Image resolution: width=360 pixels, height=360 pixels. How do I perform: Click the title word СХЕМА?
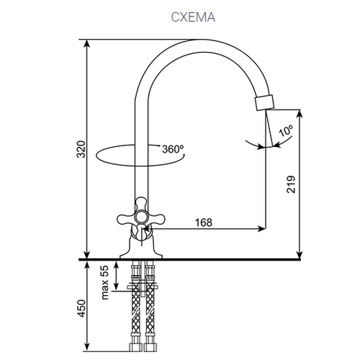193,17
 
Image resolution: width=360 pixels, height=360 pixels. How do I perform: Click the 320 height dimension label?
81,149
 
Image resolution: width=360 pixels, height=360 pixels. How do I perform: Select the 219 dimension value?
291,184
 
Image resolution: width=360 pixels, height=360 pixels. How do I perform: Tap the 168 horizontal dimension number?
204,222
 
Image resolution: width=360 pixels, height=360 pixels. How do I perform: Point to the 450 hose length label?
81,308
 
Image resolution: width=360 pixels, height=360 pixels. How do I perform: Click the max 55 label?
105,282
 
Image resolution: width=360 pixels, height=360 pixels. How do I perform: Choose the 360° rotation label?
173,149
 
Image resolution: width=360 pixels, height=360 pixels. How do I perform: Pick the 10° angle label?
286,130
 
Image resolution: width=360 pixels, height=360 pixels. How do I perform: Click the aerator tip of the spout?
264,103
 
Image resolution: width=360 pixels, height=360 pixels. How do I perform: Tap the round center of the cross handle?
141,217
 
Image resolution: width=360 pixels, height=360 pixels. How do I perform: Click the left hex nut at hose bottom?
135,347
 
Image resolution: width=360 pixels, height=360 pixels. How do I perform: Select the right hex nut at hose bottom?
150,347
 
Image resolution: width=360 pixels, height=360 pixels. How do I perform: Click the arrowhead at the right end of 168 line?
261,229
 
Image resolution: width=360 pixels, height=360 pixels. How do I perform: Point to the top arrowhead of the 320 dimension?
87,44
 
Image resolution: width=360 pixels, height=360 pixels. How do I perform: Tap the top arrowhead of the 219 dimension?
300,114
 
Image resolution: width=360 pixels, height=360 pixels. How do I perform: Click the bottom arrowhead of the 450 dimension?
87,347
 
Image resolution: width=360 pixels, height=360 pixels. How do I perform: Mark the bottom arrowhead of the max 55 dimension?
116,286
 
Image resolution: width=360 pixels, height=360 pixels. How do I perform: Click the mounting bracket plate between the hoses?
143,287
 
